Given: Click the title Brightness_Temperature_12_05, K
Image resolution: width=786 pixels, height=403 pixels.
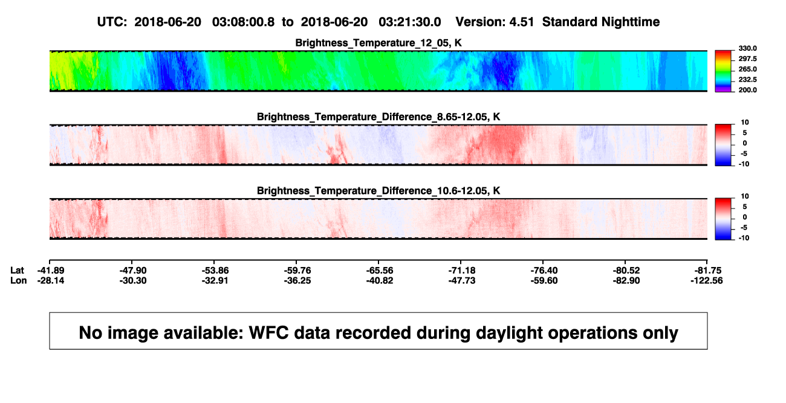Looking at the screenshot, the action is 378,43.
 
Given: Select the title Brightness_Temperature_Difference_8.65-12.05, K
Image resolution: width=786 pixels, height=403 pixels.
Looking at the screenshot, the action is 378,117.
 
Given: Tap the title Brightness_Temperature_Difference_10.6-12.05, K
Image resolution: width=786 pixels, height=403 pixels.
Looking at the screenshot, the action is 378,191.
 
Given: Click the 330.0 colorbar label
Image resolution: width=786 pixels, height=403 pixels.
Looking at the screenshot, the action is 747,48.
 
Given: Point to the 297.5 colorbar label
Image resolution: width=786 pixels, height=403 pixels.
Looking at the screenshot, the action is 747,59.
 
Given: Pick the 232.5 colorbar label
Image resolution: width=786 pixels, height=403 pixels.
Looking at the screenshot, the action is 747,80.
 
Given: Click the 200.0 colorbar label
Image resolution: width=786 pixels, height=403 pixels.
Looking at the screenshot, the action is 747,90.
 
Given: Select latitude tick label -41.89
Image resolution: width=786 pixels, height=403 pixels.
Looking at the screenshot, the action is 51,271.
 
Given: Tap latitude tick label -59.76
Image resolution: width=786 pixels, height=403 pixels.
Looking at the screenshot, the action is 297,271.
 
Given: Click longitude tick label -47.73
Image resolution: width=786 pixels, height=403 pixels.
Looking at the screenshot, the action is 462,280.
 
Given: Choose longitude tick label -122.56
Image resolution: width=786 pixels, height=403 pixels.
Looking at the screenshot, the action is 707,280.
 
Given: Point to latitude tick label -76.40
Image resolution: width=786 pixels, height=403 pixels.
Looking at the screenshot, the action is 544,271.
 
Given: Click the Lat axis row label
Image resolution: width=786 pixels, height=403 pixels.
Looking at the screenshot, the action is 17,271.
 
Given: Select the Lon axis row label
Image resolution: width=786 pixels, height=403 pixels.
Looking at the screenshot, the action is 18,280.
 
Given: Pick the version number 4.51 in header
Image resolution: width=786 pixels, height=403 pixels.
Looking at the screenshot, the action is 521,22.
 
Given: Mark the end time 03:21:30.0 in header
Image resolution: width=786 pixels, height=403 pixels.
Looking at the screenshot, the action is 410,22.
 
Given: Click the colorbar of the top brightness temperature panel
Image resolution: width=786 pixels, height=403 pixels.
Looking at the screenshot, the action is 723,71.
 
